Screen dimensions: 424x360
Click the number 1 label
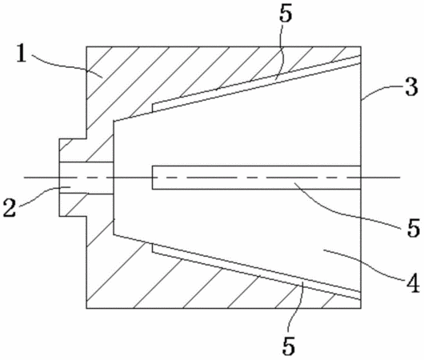click(x=22, y=54)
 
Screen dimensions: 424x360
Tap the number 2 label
click(x=10, y=207)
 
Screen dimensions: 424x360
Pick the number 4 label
click(x=412, y=283)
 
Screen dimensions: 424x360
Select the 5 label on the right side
click(x=414, y=228)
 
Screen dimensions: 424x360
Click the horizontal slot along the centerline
click(x=257, y=177)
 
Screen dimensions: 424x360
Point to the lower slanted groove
click(x=257, y=271)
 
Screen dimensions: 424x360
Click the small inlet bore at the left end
click(x=86, y=178)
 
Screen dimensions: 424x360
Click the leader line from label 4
click(x=364, y=263)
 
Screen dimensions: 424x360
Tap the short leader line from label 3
click(x=382, y=91)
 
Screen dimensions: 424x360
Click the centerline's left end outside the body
click(x=24, y=178)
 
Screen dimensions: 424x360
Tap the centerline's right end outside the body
click(x=400, y=178)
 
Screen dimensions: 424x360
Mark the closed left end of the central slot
click(x=153, y=177)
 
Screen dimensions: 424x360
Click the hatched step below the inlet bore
click(x=73, y=205)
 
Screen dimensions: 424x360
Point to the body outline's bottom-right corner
click(x=362, y=308)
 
